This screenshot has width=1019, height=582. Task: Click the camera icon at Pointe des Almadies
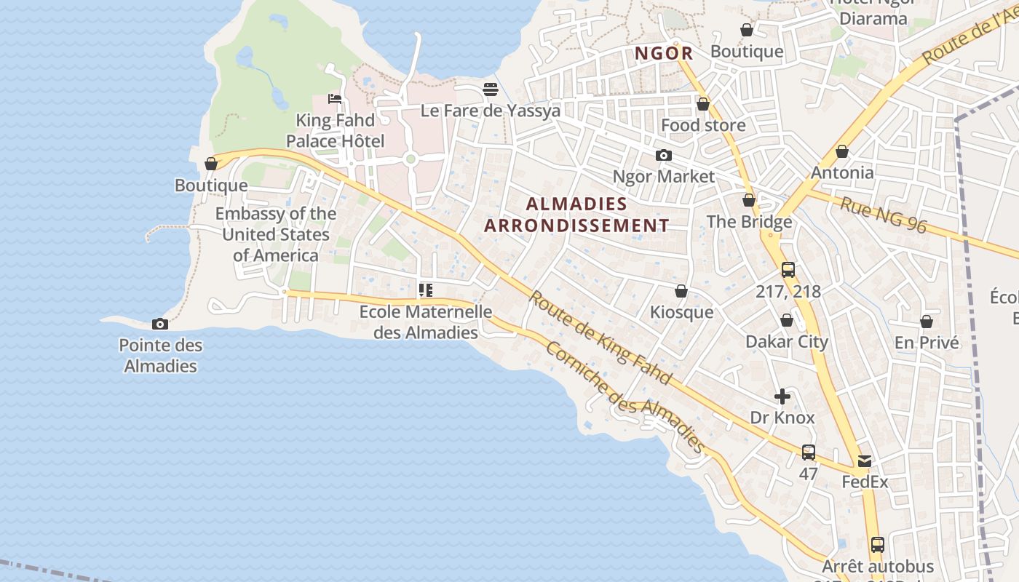point(160,324)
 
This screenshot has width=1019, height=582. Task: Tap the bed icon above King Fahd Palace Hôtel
point(335,98)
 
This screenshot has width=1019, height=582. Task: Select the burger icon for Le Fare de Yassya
point(491,89)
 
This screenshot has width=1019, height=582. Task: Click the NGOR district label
point(664,53)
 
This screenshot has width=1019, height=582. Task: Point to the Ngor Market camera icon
point(663,155)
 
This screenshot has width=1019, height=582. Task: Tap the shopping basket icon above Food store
point(703,104)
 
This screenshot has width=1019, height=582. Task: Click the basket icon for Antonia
point(842,151)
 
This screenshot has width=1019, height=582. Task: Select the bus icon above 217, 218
point(788,270)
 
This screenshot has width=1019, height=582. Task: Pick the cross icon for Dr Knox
point(782,396)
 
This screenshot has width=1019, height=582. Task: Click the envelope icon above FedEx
point(865,461)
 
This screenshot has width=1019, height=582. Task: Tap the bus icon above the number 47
point(809,452)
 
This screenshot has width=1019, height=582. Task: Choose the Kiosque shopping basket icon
point(681,291)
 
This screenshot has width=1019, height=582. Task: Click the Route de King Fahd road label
point(600,338)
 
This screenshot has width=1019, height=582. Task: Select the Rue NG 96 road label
point(884,215)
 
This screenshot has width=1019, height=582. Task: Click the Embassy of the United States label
point(276,234)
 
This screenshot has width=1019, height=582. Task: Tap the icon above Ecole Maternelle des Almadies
point(426,290)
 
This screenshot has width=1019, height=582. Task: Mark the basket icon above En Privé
point(927,321)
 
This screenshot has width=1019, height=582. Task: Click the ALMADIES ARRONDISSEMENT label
point(576,215)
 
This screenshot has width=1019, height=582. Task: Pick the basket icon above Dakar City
point(787,320)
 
